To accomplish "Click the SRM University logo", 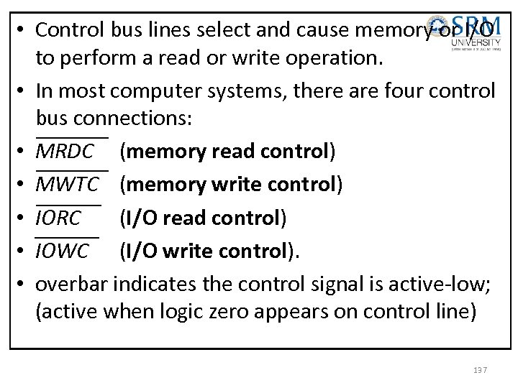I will pyautogui.click(x=476, y=32).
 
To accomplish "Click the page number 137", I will pyautogui.click(x=480, y=369).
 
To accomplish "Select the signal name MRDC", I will pyautogui.click(x=65, y=152).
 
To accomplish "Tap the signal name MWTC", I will pyautogui.click(x=68, y=185).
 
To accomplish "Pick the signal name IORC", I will pyautogui.click(x=59, y=218).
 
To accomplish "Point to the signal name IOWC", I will pyautogui.click(x=63, y=251).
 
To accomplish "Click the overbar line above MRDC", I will pyautogui.click(x=72, y=136).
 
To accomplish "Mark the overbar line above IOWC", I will pyautogui.click(x=68, y=235).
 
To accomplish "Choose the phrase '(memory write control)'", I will pyautogui.click(x=230, y=185).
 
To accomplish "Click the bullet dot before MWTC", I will pyautogui.click(x=23, y=185).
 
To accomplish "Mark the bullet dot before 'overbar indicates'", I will pyautogui.click(x=23, y=285).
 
